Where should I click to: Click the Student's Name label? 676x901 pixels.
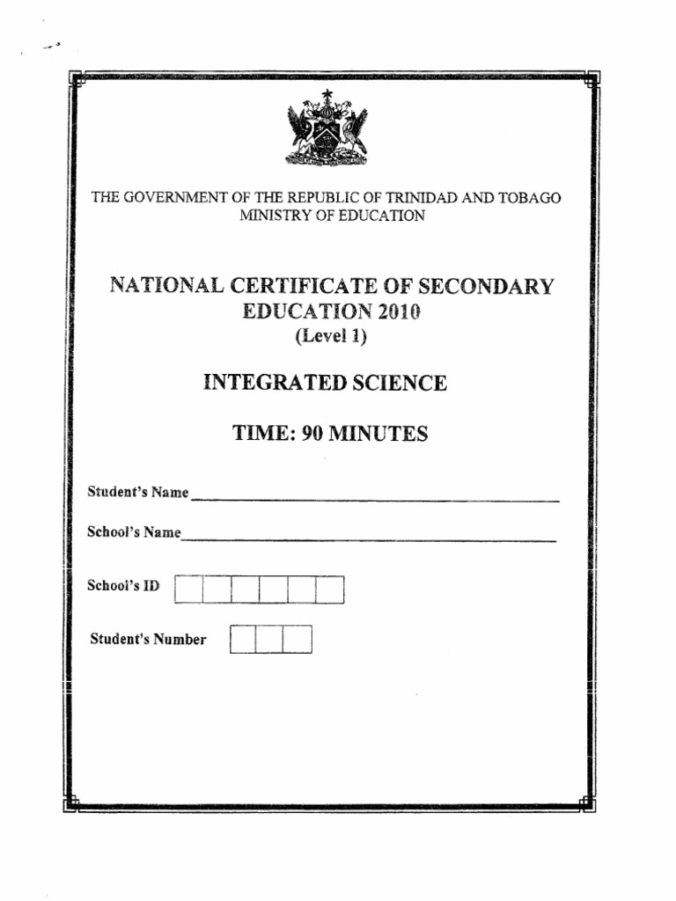pos(138,493)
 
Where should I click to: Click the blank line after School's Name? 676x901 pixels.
pos(370,538)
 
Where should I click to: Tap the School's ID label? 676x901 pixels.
pos(124,585)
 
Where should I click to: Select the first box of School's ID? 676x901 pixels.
pos(188,590)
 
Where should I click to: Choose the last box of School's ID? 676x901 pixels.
pos(330,590)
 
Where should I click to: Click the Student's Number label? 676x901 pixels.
pos(149,640)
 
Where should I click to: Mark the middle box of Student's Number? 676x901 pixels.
pos(269,640)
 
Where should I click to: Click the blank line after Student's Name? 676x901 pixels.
pos(374,499)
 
